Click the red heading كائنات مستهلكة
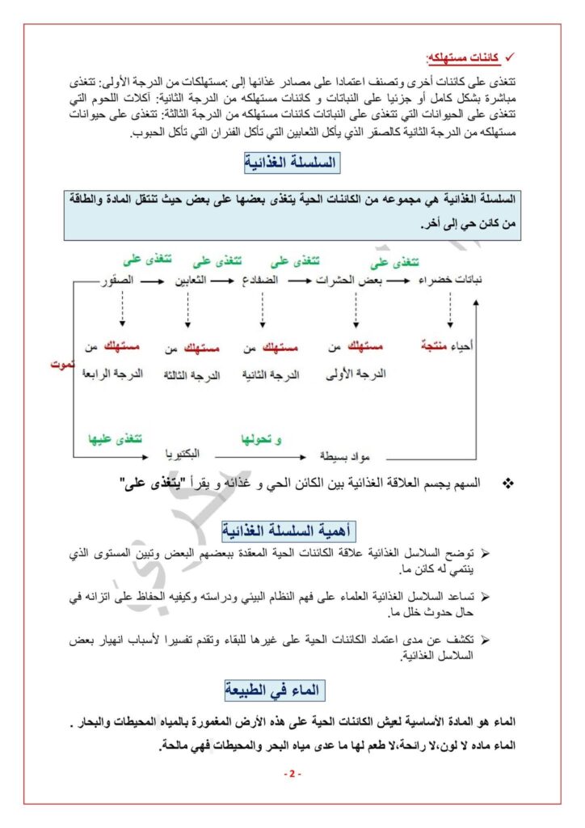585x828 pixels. point(462,59)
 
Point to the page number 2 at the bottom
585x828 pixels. point(292,775)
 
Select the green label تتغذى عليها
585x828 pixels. point(115,439)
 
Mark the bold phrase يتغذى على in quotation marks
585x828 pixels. point(151,483)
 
